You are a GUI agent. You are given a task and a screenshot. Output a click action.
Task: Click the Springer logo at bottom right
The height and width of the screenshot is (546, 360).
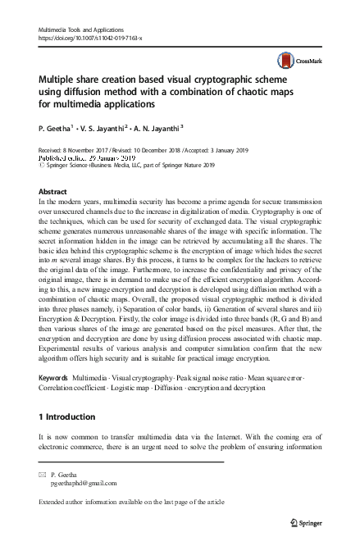coord(298,521)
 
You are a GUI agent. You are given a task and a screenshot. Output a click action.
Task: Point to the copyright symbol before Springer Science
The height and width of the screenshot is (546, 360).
coord(43,164)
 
